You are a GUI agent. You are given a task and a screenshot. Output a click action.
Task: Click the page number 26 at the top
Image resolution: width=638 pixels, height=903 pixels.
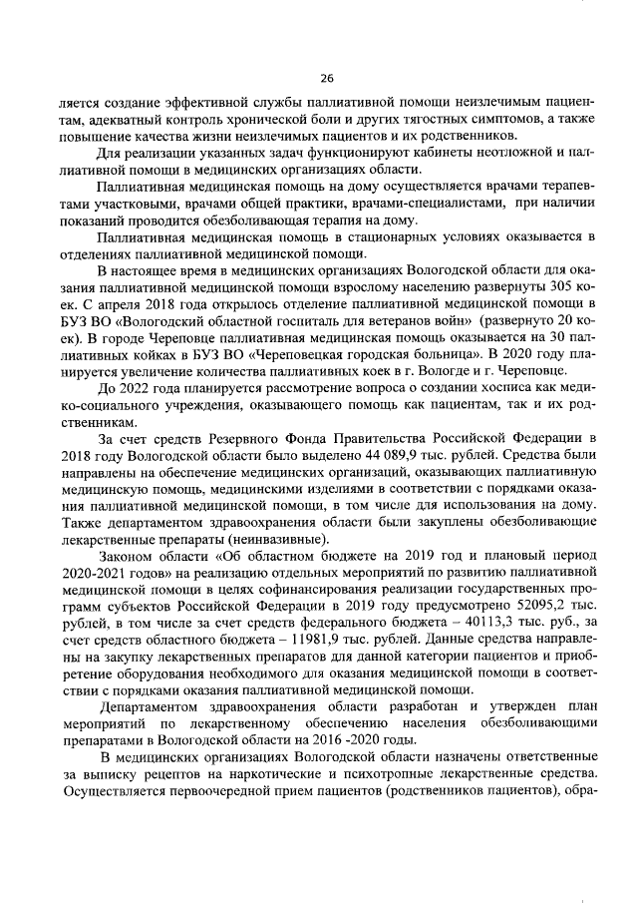click(326, 79)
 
